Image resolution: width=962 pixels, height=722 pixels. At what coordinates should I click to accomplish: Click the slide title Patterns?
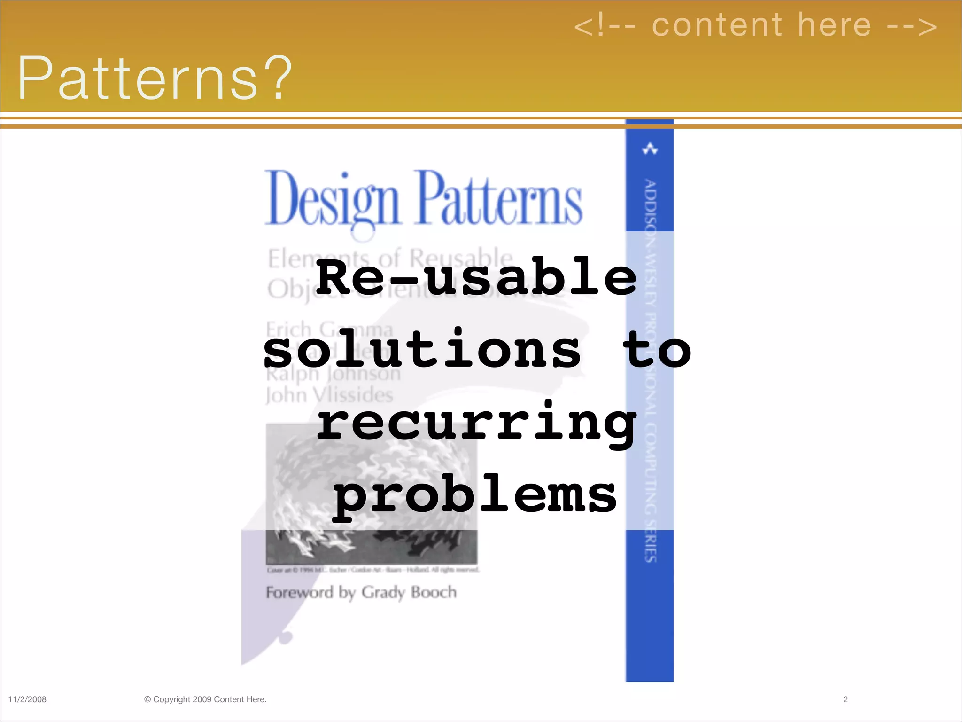[155, 78]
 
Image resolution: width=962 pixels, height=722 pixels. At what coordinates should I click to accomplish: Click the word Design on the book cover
[332, 200]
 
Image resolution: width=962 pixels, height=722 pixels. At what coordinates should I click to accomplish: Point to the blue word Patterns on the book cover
[500, 200]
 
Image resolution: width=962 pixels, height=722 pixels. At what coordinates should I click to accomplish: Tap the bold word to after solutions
[657, 350]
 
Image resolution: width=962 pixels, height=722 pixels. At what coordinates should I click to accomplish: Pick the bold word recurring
[476, 423]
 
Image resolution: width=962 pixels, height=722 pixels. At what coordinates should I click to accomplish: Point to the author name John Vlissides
[329, 395]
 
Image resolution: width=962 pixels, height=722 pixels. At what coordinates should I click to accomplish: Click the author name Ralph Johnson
[333, 374]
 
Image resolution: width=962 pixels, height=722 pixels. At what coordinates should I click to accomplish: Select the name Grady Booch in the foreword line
[409, 592]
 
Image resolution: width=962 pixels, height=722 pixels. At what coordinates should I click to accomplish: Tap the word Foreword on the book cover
[300, 592]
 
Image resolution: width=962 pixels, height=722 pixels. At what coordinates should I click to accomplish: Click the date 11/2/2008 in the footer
[27, 699]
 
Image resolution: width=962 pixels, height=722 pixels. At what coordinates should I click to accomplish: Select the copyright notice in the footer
[205, 699]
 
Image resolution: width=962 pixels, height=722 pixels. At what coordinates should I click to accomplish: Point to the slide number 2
[846, 699]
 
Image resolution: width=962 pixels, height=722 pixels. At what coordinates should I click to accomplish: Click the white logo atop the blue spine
[650, 149]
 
